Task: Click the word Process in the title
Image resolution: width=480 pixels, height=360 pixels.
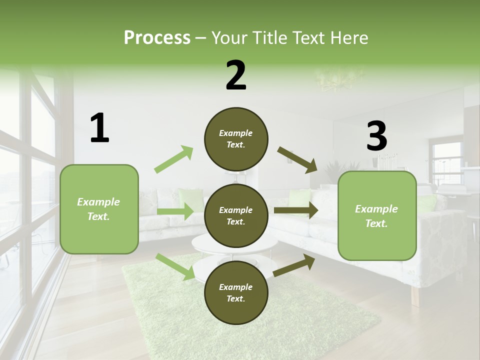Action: tap(157, 38)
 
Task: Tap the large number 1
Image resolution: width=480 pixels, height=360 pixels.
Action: tap(99, 128)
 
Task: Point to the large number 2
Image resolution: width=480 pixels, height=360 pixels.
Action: tap(236, 75)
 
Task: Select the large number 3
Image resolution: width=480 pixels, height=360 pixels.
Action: tap(376, 136)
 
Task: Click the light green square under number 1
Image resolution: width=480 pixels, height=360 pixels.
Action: tap(99, 209)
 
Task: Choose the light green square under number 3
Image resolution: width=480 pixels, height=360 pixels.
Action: tap(377, 215)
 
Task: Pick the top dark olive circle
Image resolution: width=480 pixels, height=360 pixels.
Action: tap(236, 139)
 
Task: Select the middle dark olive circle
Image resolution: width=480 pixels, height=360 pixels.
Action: tap(236, 215)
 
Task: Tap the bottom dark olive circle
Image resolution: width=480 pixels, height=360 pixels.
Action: tap(236, 292)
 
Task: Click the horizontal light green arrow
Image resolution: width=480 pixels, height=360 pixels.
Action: tap(175, 211)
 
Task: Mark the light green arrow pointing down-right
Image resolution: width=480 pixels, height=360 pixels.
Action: tap(175, 266)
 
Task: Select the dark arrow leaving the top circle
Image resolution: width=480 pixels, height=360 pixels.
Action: tap(297, 160)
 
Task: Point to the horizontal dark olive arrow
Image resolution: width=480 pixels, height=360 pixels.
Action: tap(296, 211)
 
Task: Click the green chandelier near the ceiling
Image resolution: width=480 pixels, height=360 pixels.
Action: tap(332, 80)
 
